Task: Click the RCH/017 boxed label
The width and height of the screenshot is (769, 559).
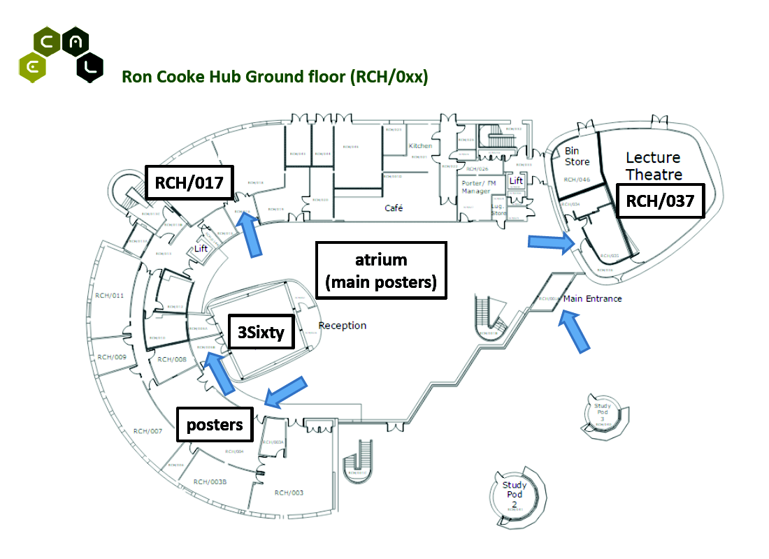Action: pos(189,183)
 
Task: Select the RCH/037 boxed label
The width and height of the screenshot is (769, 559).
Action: pos(659,201)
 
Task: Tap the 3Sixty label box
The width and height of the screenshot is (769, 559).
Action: pos(260,333)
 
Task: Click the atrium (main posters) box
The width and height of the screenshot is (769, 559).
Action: pos(381,271)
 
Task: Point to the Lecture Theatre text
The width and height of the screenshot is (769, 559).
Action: pos(653,166)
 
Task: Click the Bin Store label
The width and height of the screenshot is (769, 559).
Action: pos(577,157)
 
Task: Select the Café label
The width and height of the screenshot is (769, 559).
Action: pos(394,208)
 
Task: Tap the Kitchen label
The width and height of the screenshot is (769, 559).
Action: pos(420,146)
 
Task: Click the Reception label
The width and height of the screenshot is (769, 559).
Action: pos(343,326)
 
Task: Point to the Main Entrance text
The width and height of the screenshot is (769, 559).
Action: pos(592,299)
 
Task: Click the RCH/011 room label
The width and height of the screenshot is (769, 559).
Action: pos(110,296)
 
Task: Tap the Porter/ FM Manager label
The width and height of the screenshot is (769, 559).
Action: pos(478,187)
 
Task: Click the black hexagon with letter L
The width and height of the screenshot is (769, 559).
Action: pos(89,68)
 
